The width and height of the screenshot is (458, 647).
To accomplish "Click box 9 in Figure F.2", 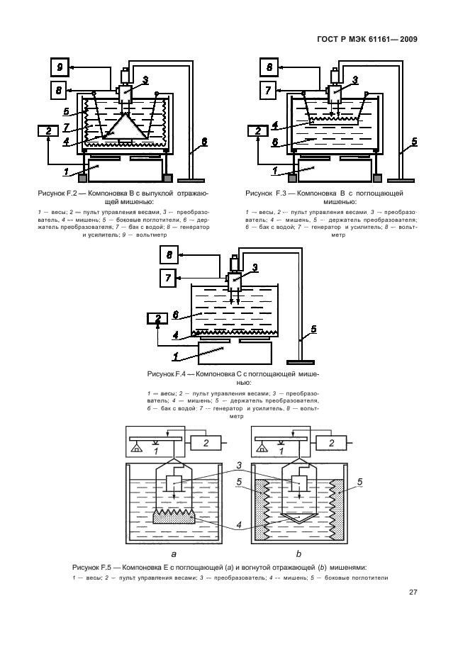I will tap(60, 68).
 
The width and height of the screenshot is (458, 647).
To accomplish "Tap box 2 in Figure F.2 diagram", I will tap(48, 130).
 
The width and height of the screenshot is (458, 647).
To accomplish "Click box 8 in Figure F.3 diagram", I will tap(269, 68).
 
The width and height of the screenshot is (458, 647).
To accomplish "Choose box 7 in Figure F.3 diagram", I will tap(269, 91).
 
